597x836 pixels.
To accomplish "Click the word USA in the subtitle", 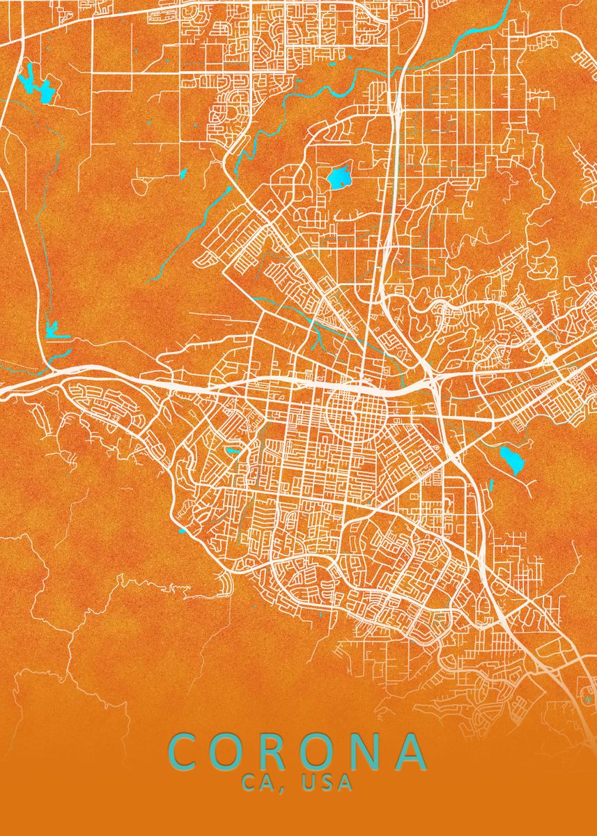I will pos(327,783).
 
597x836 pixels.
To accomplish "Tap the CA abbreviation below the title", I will pos(263,783).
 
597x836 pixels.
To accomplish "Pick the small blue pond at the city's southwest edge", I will pos(183,532).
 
